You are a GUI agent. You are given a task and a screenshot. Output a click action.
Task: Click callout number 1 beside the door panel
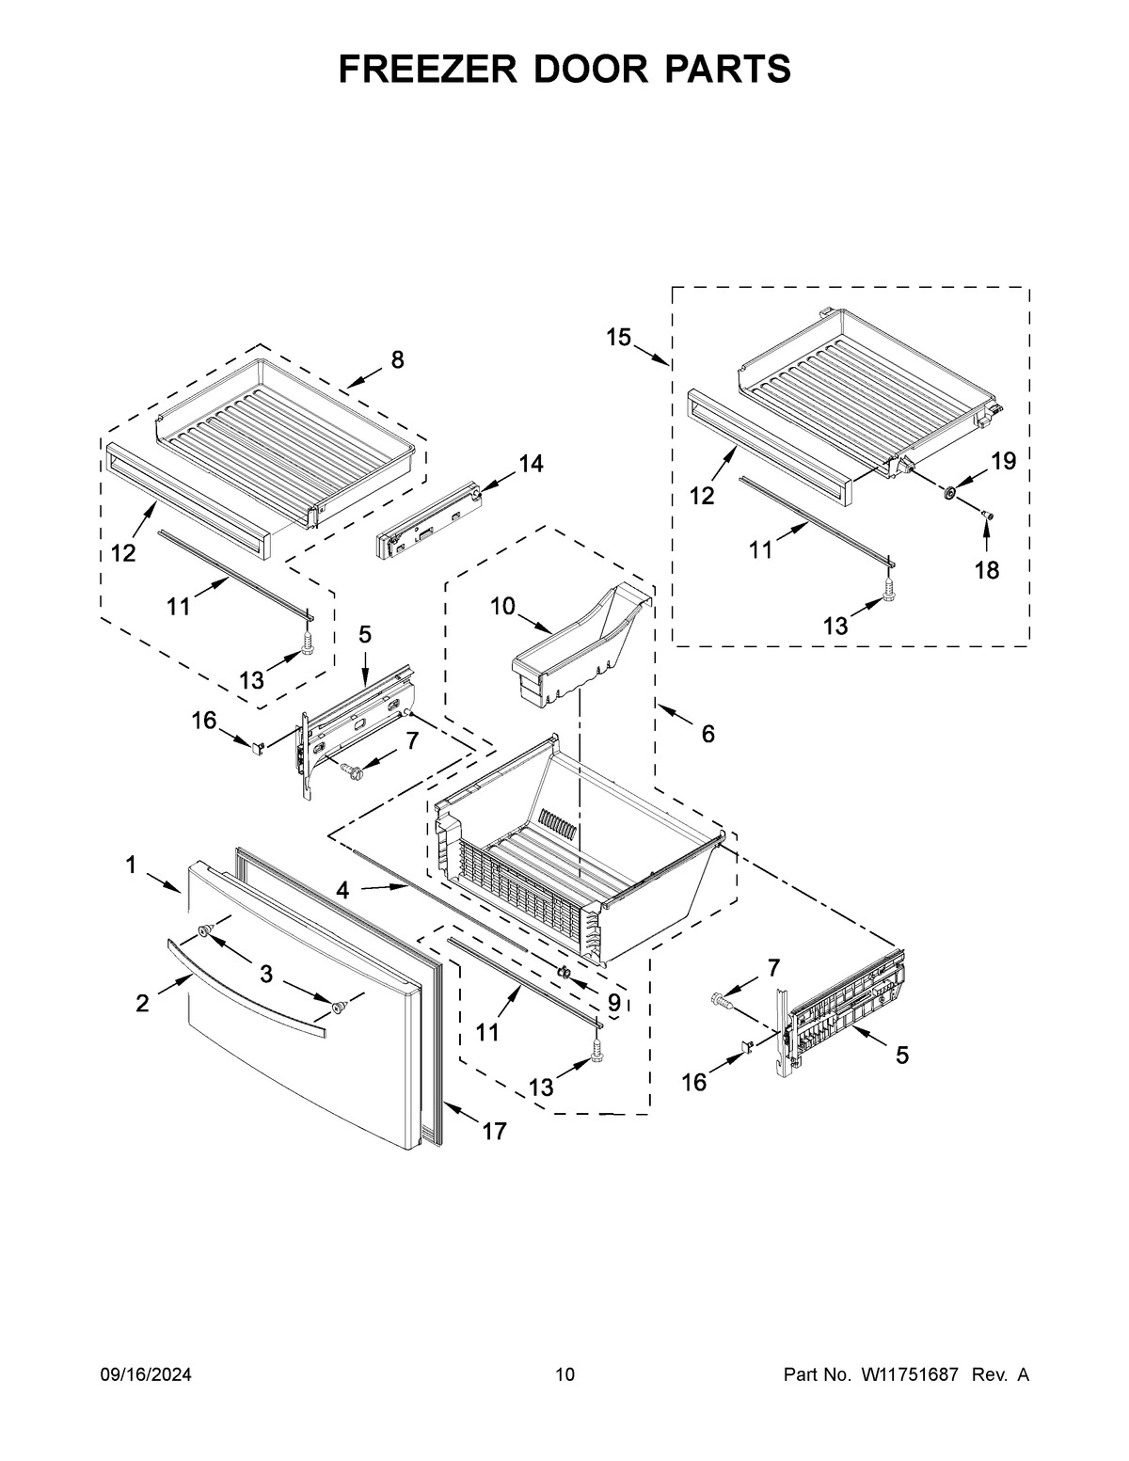pos(133,864)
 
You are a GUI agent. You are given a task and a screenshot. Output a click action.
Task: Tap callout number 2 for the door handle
pos(142,1003)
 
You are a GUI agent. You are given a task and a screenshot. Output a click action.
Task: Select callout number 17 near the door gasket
pos(494,1131)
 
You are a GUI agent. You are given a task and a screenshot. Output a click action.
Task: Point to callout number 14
pos(531,464)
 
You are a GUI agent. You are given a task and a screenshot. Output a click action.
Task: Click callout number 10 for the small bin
pos(502,606)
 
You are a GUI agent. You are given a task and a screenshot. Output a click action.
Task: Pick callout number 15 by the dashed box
pos(618,338)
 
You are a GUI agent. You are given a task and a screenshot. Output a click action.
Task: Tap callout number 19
pos(1004,461)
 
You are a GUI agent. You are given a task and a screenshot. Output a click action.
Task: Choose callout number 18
pos(986,569)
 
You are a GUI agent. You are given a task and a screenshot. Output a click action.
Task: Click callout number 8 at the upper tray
pos(397,359)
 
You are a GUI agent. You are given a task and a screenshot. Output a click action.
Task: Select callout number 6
pos(708,733)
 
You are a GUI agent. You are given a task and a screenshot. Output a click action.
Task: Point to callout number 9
pos(613,1003)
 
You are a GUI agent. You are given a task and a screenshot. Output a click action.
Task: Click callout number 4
pos(343,889)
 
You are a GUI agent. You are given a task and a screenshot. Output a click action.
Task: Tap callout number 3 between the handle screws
pos(266,975)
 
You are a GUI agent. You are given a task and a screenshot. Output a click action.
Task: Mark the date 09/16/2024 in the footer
pos(146,1375)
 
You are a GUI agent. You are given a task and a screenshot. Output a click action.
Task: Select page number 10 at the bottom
pos(564,1375)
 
